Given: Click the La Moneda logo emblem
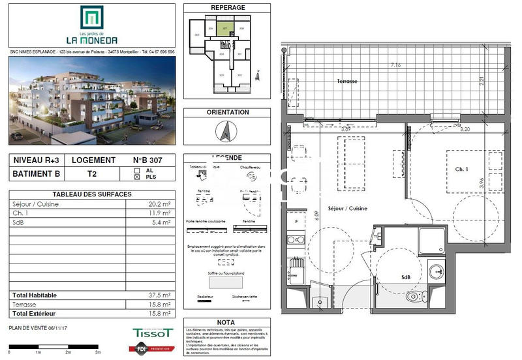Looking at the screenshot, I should (x=90, y=18).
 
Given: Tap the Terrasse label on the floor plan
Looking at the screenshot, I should (x=347, y=82).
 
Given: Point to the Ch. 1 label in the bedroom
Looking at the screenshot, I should (x=463, y=169).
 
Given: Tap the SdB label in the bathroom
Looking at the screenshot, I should (x=406, y=277).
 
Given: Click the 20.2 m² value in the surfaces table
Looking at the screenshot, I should (x=160, y=203).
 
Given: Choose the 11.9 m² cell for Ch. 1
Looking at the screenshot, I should (x=160, y=213).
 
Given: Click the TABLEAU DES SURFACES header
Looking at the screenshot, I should (x=91, y=194).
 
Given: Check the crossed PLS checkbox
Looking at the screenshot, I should (x=137, y=176).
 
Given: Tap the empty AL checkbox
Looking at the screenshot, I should (x=137, y=169).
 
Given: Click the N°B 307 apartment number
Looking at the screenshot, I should (x=149, y=160).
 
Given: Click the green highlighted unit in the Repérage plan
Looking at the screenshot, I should (x=224, y=29).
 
